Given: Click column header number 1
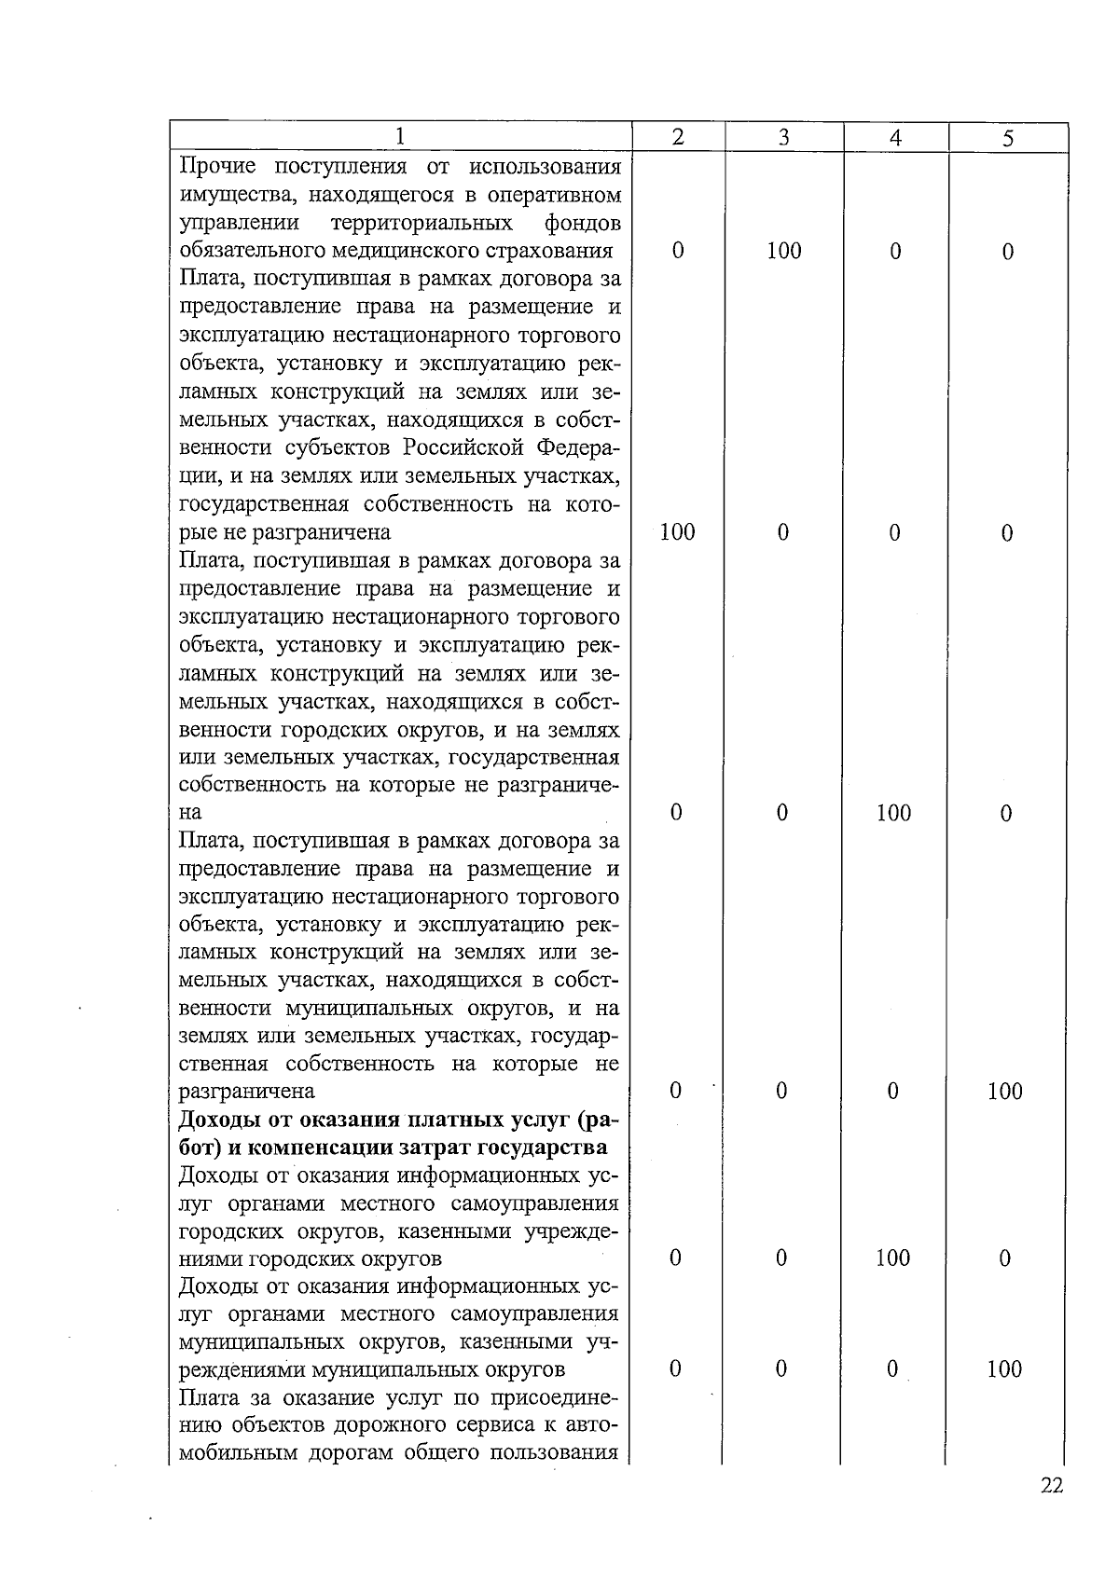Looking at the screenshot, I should (399, 137).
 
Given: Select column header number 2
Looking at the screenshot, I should (678, 137).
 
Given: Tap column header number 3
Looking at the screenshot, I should (784, 138).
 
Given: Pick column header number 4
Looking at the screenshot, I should (895, 138).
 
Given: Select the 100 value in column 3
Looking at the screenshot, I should (783, 251).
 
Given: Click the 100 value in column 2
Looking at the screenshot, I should (677, 532).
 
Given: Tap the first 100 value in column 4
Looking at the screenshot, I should (893, 814).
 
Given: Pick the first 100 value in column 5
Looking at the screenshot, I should (1005, 1092).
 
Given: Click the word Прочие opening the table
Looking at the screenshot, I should (217, 167).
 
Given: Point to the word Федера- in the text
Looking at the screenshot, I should (578, 447).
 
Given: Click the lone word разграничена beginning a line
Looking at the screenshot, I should (246, 1092).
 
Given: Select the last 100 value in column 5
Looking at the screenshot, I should (1004, 1369).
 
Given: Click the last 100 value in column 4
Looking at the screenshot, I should (892, 1258).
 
